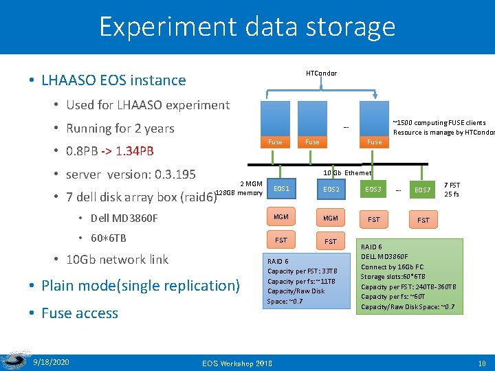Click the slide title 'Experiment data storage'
coord(247,27)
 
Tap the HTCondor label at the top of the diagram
coord(321,74)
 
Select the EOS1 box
coord(281,188)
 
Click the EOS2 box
coord(331,188)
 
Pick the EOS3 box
coord(373,188)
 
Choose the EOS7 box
coord(423,189)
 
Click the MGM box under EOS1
coord(281,217)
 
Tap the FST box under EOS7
coord(423,220)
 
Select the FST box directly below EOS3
coord(373,220)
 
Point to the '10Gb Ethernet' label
coord(347,173)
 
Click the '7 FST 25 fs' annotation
coord(452,190)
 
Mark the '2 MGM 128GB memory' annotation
coord(240,188)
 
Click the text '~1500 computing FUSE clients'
coord(439,123)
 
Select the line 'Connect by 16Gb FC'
coord(393,267)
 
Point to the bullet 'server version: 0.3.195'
coord(131,175)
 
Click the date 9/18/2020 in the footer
coord(51,361)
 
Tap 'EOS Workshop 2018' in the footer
coord(237,363)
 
